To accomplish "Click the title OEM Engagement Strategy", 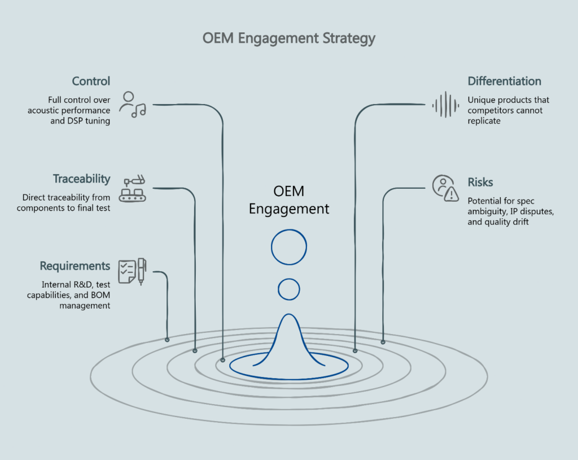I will [288, 39].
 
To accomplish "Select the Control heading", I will [91, 81].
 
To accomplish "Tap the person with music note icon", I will [133, 105].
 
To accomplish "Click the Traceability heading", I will [82, 179].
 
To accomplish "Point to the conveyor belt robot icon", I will [133, 189].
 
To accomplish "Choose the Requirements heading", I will [75, 266].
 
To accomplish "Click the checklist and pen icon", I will [132, 271].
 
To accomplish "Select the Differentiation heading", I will [504, 81].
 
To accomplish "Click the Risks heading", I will [480, 182].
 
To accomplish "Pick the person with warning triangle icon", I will [445, 188].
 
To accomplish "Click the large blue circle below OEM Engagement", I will [289, 246].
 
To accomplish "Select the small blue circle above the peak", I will [289, 289].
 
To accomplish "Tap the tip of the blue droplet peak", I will [289, 315].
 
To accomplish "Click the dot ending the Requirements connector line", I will [167, 340].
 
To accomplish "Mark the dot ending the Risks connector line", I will [383, 342].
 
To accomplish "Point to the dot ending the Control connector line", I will [223, 359].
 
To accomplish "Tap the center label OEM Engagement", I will [289, 199].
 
